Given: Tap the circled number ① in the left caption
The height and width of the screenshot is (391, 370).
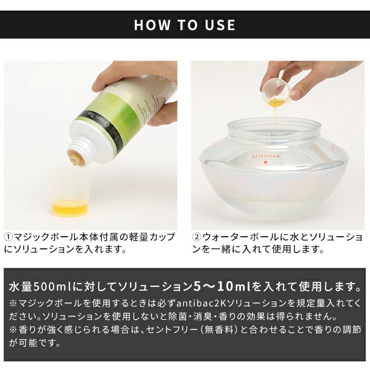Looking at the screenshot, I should (x=9, y=236).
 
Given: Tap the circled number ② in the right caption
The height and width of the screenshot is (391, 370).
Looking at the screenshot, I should (x=197, y=236).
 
